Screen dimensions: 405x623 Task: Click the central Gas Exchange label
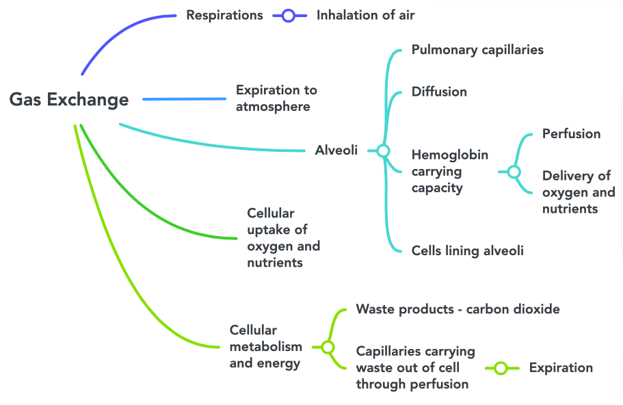click(69, 100)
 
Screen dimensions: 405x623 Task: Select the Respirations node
click(224, 15)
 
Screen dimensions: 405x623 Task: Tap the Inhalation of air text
click(365, 15)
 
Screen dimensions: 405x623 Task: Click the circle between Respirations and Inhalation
click(289, 15)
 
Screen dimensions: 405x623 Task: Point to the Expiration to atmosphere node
click(276, 98)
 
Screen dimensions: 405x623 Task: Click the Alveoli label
click(336, 150)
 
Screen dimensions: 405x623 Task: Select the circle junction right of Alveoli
click(383, 151)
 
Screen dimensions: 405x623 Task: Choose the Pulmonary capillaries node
click(477, 50)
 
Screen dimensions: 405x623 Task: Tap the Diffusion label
click(439, 92)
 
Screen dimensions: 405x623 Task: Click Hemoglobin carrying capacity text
click(449, 171)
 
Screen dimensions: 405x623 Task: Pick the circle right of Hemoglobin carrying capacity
click(514, 172)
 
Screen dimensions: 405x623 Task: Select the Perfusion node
click(571, 133)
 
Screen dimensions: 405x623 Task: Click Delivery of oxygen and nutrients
click(578, 192)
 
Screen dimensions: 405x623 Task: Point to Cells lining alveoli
click(467, 250)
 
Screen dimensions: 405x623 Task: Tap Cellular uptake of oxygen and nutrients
click(283, 237)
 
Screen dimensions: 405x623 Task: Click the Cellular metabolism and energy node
click(265, 346)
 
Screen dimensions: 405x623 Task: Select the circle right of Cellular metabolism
click(328, 348)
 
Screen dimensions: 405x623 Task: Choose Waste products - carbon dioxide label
click(458, 309)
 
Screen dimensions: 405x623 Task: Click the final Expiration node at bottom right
click(561, 367)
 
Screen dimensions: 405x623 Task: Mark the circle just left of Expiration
click(501, 368)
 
